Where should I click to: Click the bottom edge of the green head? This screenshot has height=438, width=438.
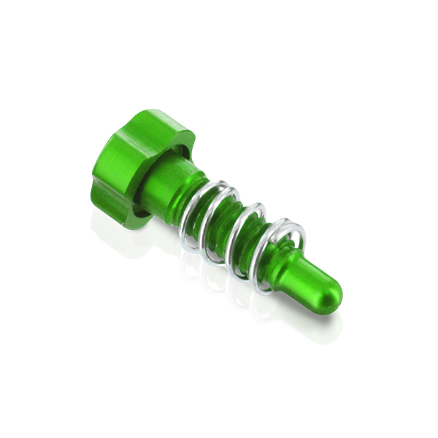[x=117, y=215]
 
